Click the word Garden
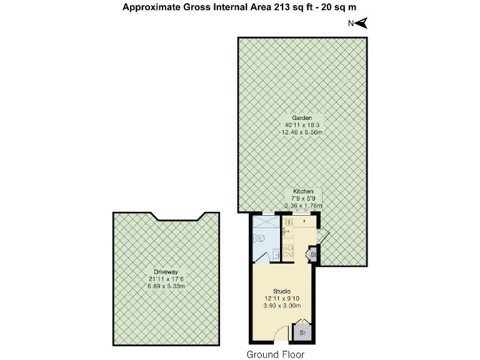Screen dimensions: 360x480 [x=302, y=117]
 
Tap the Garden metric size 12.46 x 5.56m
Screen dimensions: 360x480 [x=302, y=132]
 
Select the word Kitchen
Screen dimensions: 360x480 [x=302, y=191]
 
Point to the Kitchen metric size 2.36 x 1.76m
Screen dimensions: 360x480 [x=302, y=205]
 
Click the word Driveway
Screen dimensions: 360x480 [x=166, y=271]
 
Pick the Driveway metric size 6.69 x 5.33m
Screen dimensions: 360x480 [x=166, y=286]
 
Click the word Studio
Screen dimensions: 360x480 [x=282, y=291]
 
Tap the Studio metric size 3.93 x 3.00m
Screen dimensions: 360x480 [x=282, y=306]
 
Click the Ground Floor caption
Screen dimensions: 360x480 [x=275, y=354]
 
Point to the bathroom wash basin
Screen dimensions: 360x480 [x=275, y=254]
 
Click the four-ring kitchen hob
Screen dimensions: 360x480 [x=289, y=252]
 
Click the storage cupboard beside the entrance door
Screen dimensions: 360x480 [x=302, y=333]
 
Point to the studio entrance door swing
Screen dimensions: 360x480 [x=281, y=334]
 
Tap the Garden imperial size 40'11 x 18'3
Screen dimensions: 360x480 [x=302, y=125]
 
